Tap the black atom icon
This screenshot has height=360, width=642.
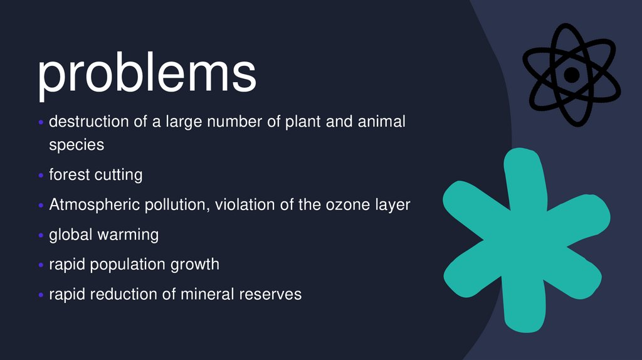[x=571, y=75]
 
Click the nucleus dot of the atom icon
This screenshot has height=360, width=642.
[x=571, y=75]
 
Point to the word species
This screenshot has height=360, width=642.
[x=76, y=145]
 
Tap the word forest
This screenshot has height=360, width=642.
[x=70, y=175]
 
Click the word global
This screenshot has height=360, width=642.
[x=71, y=235]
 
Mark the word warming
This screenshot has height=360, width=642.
[x=128, y=235]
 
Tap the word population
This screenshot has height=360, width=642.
[x=128, y=265]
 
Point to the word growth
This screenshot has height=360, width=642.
[x=195, y=265]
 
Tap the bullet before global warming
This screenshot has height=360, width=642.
[x=41, y=236]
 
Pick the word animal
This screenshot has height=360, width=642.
[x=381, y=121]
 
